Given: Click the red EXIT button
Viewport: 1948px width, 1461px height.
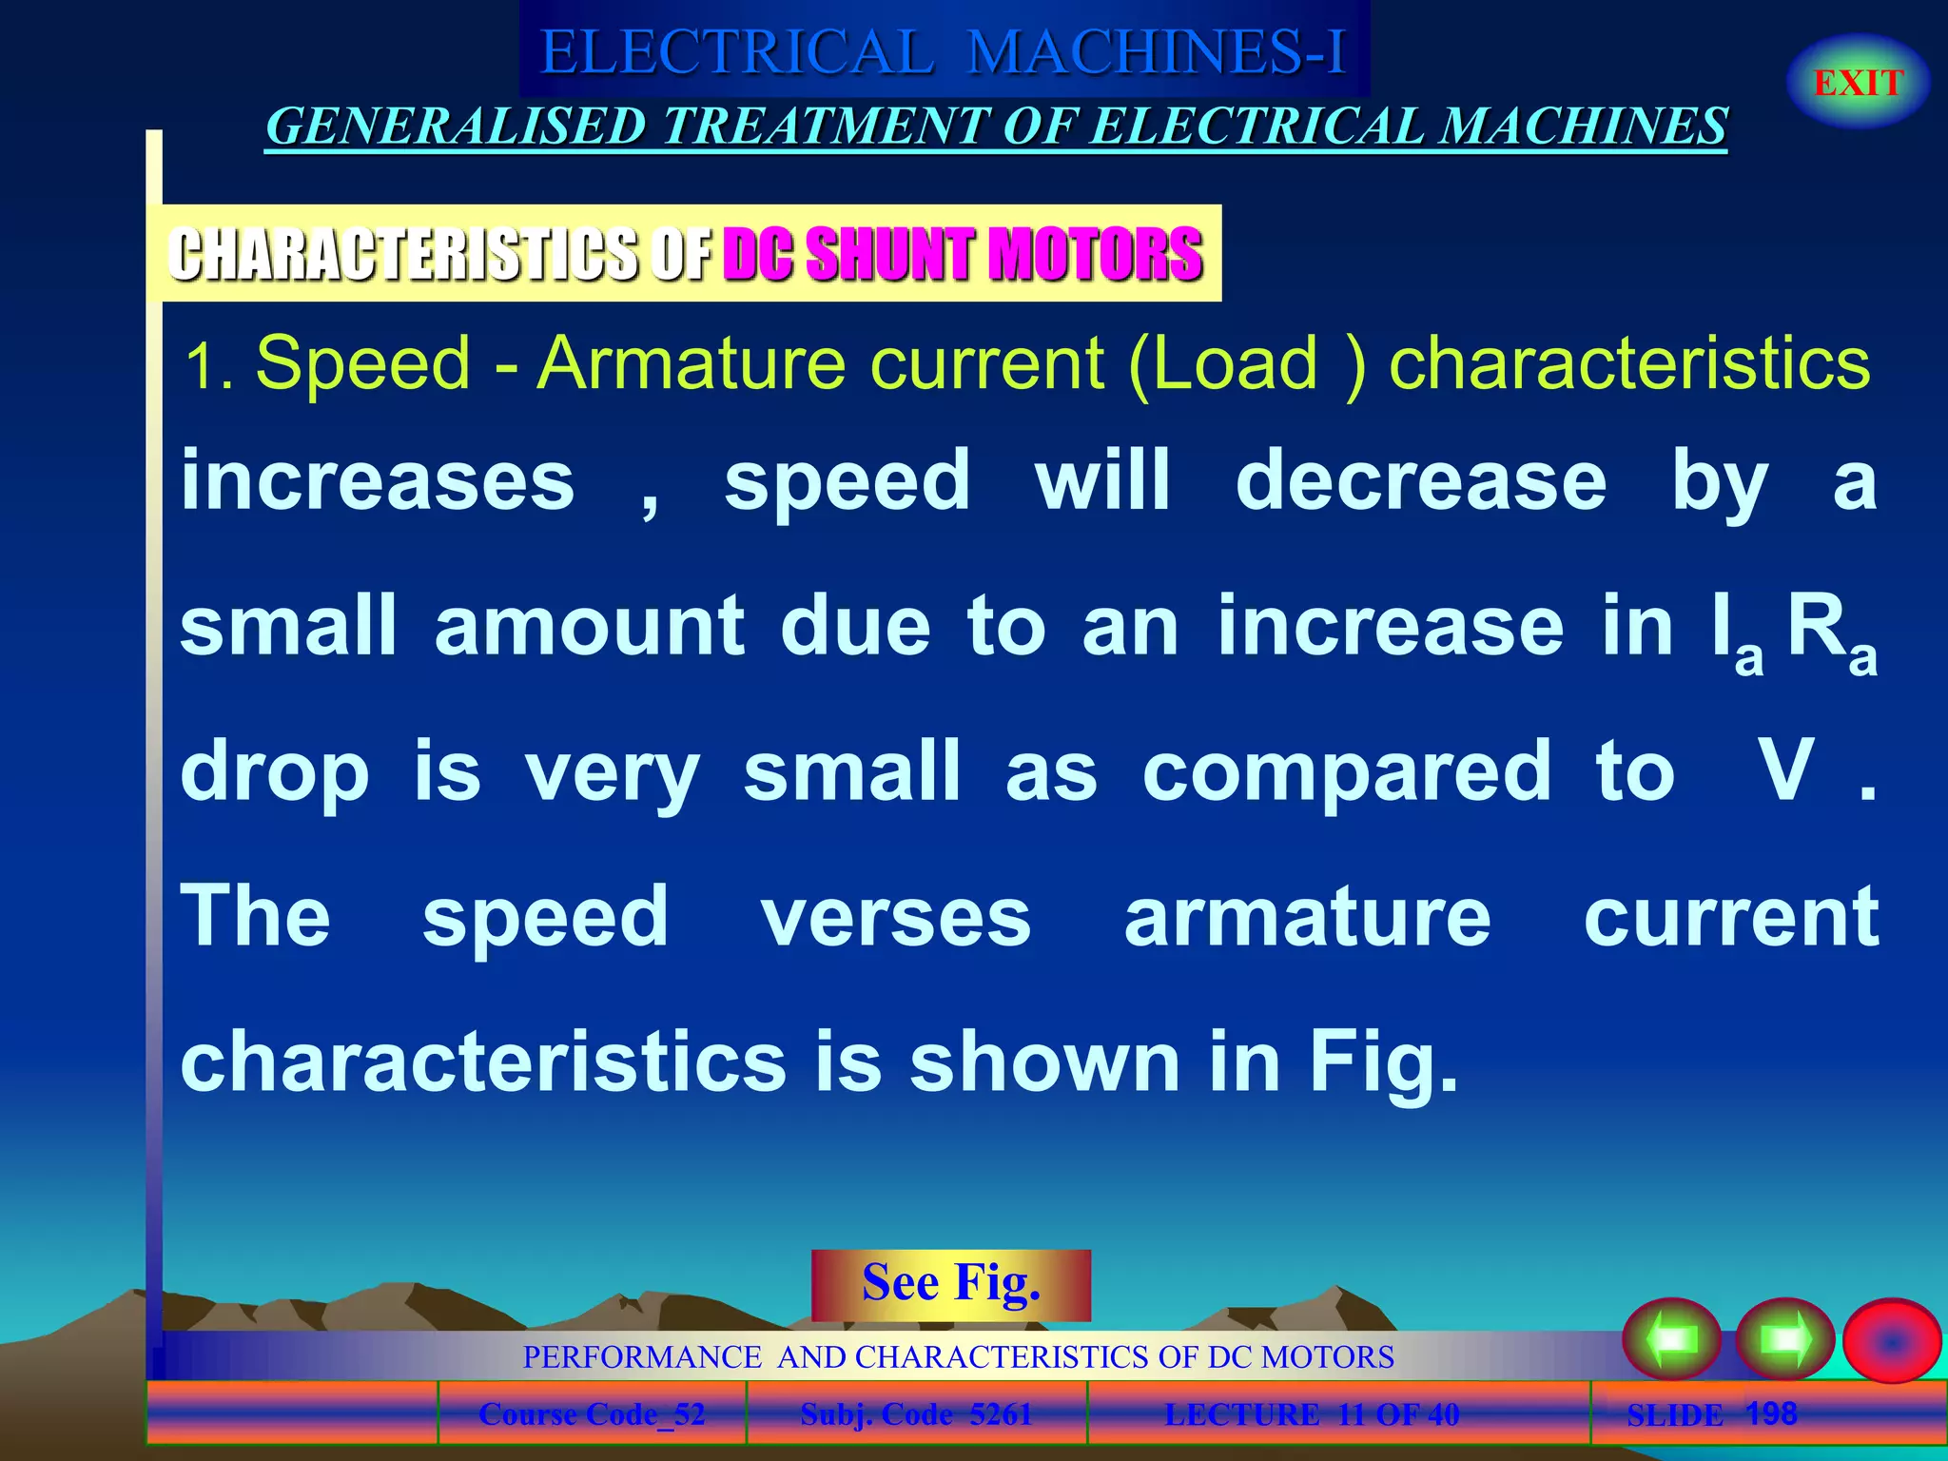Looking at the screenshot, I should coord(1858,83).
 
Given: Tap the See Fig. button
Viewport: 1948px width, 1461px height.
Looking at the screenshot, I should coord(950,1284).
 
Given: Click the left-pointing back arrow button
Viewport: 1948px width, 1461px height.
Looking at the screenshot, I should coord(1671,1339).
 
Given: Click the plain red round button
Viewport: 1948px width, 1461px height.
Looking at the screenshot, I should coord(1891,1340).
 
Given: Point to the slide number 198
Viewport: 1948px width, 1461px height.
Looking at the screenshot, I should coord(1771,1413).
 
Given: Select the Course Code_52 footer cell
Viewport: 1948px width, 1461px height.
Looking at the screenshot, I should coord(592,1414).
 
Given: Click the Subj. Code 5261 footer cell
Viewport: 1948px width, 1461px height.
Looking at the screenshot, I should coord(916,1414).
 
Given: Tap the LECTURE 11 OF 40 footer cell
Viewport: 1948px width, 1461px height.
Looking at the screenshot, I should coord(1312,1414).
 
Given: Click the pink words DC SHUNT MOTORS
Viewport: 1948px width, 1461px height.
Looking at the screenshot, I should coord(963,254).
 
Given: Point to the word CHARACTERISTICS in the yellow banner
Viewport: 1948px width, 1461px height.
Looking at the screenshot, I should coord(404,254).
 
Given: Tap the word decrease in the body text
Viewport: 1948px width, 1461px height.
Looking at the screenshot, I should coord(1421,481).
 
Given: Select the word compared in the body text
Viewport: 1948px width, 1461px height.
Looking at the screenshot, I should coord(1347,771).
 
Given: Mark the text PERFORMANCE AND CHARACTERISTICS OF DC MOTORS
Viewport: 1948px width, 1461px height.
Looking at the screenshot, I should coord(958,1356).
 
